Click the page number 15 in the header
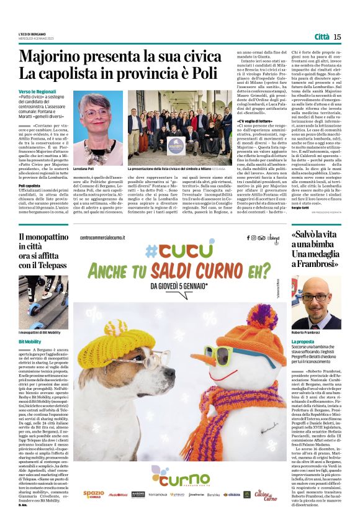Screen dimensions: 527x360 337,37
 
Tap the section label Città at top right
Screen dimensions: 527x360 322,37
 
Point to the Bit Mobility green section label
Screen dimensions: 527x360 30,341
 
